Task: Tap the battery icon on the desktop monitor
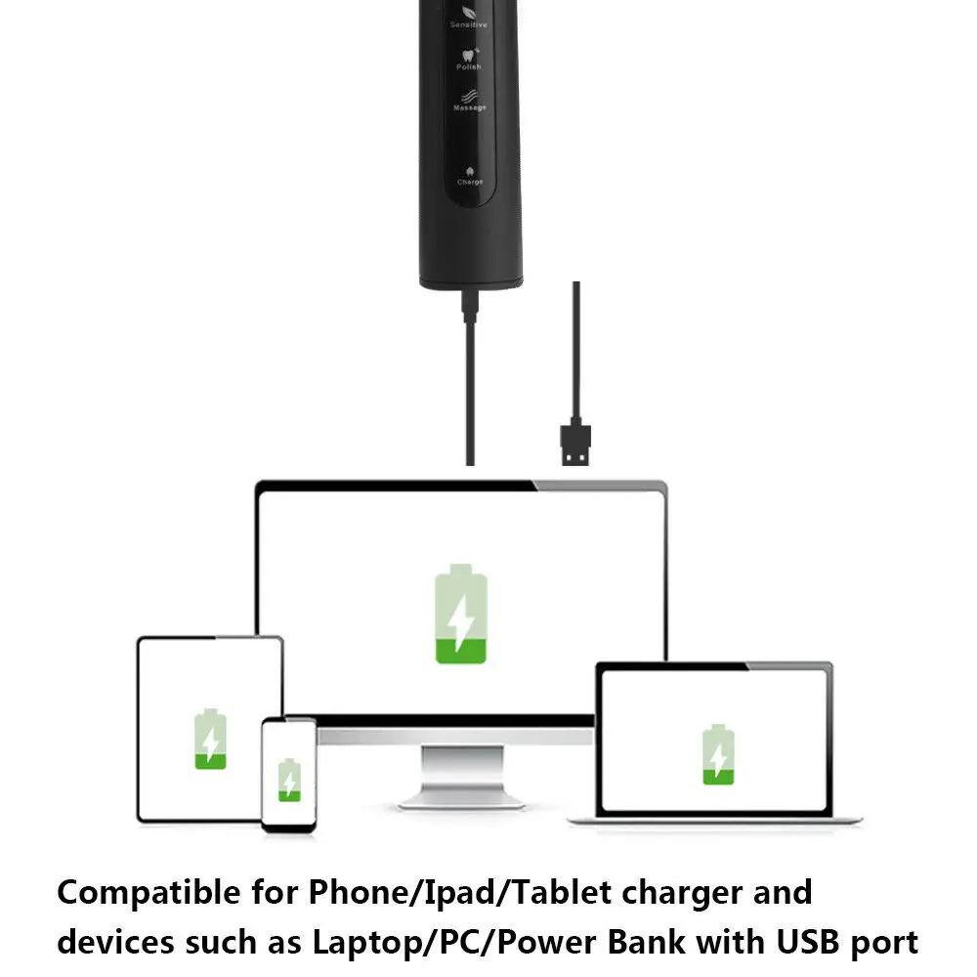click(x=461, y=614)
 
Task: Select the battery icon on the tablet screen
click(x=209, y=738)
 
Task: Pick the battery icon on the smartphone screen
click(x=288, y=779)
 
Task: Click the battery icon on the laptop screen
click(x=718, y=754)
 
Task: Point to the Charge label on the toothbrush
click(x=470, y=182)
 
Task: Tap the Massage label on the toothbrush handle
click(x=470, y=107)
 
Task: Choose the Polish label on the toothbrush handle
click(x=470, y=67)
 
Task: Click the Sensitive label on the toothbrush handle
click(x=469, y=24)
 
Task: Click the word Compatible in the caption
click(x=148, y=893)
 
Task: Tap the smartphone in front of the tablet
click(x=288, y=775)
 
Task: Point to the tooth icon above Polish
click(x=470, y=53)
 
